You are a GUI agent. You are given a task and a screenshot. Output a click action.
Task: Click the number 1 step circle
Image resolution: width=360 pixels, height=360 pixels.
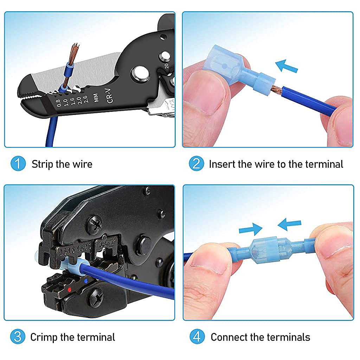[x=18, y=164]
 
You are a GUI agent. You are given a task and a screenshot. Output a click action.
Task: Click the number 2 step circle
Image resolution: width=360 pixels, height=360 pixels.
[x=196, y=164]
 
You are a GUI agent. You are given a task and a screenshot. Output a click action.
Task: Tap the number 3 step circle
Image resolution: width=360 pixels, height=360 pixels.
[x=18, y=337]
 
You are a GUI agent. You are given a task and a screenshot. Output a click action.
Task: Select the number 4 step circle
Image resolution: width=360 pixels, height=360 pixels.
[x=197, y=337]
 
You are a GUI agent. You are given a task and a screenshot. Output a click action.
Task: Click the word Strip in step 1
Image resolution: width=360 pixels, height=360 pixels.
[x=43, y=164]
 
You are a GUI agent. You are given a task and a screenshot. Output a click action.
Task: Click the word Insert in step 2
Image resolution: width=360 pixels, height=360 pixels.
[x=222, y=164]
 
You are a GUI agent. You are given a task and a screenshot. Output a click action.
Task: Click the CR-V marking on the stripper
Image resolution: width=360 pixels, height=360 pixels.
[x=110, y=96]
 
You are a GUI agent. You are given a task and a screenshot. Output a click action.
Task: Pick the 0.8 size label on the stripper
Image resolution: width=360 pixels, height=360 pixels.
[x=58, y=103]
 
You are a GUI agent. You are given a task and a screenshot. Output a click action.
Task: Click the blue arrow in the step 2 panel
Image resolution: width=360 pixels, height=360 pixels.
[x=287, y=66]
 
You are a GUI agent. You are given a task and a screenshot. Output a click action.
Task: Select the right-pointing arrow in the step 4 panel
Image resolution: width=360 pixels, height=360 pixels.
[x=250, y=230]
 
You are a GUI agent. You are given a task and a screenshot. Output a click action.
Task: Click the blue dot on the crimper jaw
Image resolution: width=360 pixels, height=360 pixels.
[x=86, y=281]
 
